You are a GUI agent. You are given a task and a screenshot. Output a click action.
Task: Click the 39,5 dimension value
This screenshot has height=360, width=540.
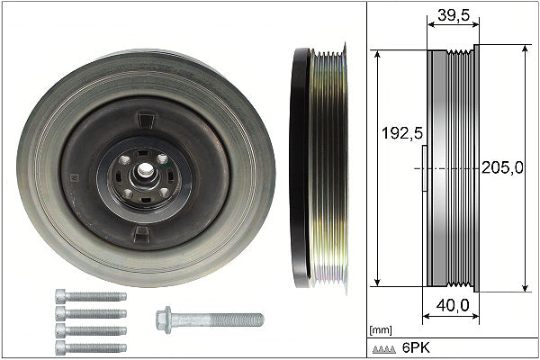click(454, 14)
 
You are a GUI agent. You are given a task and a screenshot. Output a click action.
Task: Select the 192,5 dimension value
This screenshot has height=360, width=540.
click(402, 133)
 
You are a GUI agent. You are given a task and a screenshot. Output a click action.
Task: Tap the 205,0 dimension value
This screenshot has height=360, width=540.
click(502, 167)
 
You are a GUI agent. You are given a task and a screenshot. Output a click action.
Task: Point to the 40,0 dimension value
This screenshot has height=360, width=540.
click(453, 305)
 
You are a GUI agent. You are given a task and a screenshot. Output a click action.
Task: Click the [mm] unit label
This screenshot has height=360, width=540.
click(381, 330)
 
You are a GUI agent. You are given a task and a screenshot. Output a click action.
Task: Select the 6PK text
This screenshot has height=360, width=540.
click(417, 348)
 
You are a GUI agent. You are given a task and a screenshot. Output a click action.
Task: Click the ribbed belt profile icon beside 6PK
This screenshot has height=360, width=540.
click(384, 349)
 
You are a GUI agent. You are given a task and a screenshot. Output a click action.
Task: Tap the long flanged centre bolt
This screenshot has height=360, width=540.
click(210, 319)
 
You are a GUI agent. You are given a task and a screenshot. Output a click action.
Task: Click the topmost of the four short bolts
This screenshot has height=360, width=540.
click(91, 296)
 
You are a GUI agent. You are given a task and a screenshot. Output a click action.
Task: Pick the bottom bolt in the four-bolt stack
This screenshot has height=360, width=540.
click(91, 347)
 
